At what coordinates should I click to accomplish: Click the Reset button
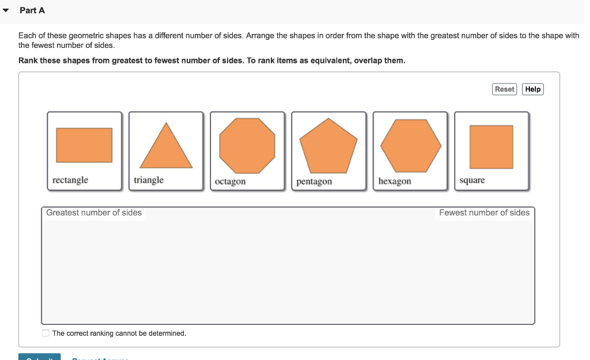pos(504,89)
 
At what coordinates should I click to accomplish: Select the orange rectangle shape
pos(84,145)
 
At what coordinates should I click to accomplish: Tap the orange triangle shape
pos(166,147)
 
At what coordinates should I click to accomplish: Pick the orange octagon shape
pos(247,146)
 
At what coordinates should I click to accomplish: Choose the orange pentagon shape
pos(328,147)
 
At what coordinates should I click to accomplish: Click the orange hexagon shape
pos(410,146)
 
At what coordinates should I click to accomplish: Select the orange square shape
pos(491,147)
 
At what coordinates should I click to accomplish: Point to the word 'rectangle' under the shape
pos(70,180)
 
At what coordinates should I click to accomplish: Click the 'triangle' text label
pos(149,180)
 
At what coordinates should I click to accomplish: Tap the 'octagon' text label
pos(230,181)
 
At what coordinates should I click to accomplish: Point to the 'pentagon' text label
pos(314,181)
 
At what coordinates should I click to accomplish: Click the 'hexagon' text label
pos(395,181)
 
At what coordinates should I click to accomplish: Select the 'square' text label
pos(472,180)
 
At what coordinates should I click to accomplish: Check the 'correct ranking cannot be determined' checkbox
pos(46,333)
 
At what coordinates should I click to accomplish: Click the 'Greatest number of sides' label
pos(94,213)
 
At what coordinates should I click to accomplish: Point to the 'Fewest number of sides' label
pos(484,213)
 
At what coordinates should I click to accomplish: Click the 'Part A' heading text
pos(32,10)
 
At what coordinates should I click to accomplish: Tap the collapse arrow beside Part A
pos(6,10)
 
